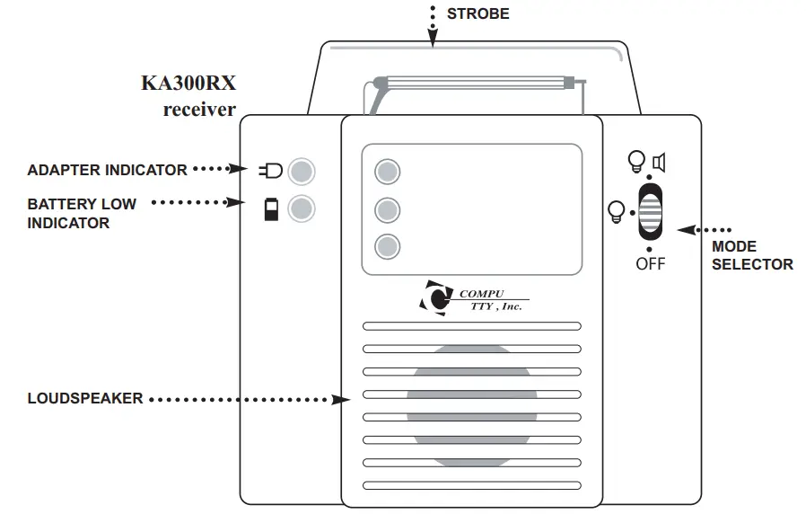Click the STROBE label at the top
point(477,13)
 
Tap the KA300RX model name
point(188,84)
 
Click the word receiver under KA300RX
point(198,110)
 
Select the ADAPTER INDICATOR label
point(107,170)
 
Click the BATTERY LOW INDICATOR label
point(82,213)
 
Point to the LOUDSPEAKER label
point(84,398)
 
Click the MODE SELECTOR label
point(752,255)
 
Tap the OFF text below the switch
point(650,264)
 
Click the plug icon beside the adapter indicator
point(269,170)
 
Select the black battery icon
point(270,209)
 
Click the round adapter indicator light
point(302,170)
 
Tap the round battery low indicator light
point(302,208)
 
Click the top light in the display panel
point(387,172)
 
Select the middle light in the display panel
point(387,209)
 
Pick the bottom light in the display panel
point(387,246)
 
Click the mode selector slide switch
point(651,212)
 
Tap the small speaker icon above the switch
point(660,163)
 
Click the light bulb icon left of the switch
point(617,211)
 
